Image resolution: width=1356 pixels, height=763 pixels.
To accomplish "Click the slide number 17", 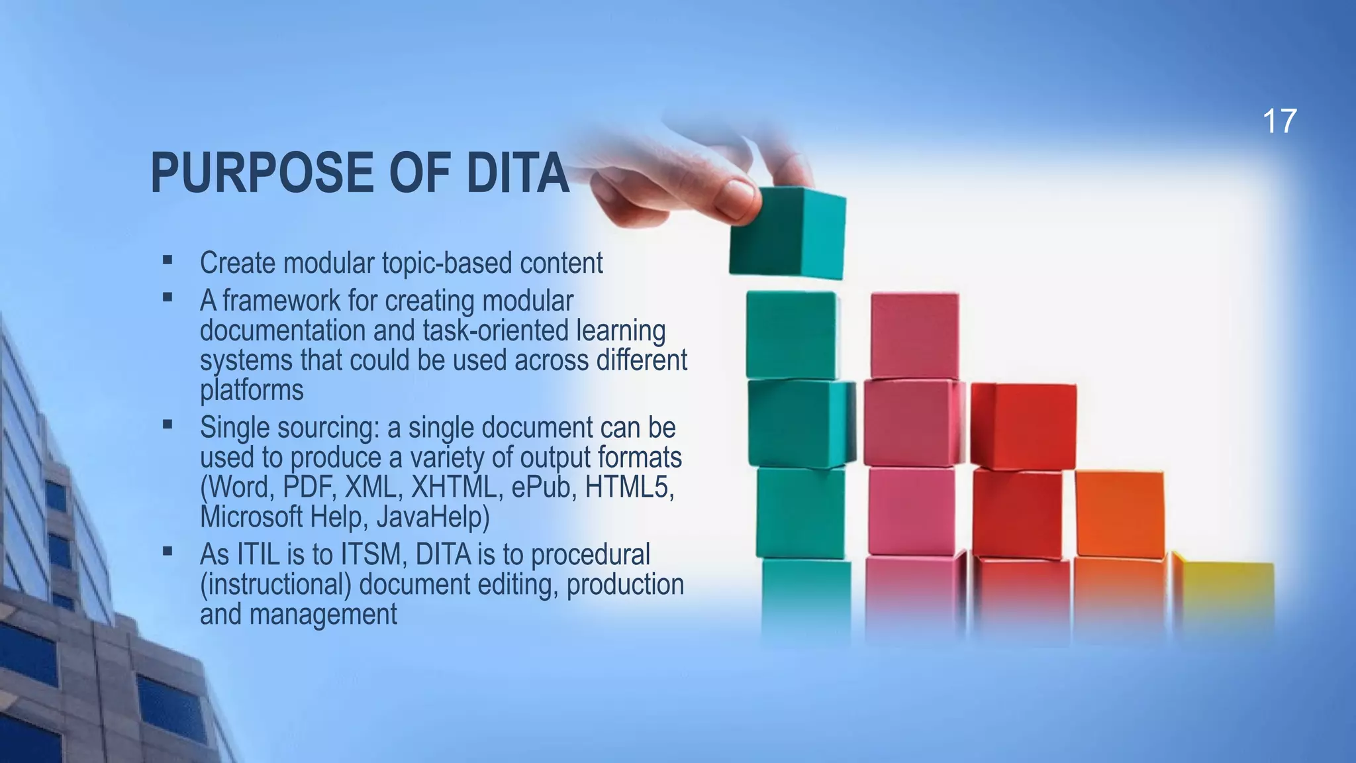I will tap(1279, 122).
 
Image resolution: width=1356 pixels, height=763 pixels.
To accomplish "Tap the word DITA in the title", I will tap(517, 173).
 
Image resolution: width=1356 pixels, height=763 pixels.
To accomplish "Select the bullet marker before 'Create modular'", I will tap(167, 260).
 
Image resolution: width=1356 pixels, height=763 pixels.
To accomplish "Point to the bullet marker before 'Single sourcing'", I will tap(167, 425).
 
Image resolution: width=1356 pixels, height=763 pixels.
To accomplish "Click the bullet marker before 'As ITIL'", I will tap(167, 551).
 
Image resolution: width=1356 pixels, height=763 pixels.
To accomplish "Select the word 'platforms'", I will tap(252, 390).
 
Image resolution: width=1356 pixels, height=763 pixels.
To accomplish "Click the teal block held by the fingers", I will tap(788, 233).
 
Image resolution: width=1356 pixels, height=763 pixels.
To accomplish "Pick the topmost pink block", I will tap(915, 336).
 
